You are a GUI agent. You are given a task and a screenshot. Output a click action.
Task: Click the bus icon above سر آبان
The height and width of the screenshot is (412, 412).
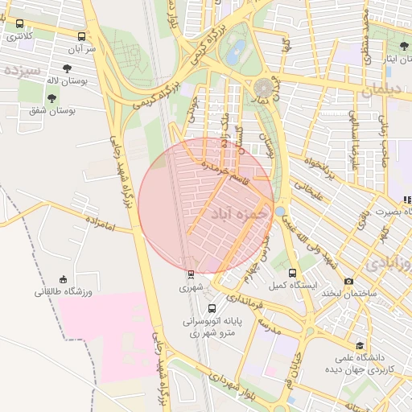81,36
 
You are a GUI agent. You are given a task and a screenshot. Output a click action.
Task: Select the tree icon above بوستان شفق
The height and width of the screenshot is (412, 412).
52,98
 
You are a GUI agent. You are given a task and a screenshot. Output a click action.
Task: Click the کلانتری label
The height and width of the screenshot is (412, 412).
19,36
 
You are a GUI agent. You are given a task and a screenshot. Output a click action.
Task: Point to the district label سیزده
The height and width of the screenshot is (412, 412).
22,69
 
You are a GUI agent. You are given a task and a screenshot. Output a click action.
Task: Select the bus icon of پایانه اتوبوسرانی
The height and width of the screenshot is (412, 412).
212,307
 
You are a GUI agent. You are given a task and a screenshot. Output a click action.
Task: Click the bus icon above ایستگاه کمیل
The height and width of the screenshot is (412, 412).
292,273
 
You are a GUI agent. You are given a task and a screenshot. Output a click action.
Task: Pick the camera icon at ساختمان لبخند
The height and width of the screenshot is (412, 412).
348,281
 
